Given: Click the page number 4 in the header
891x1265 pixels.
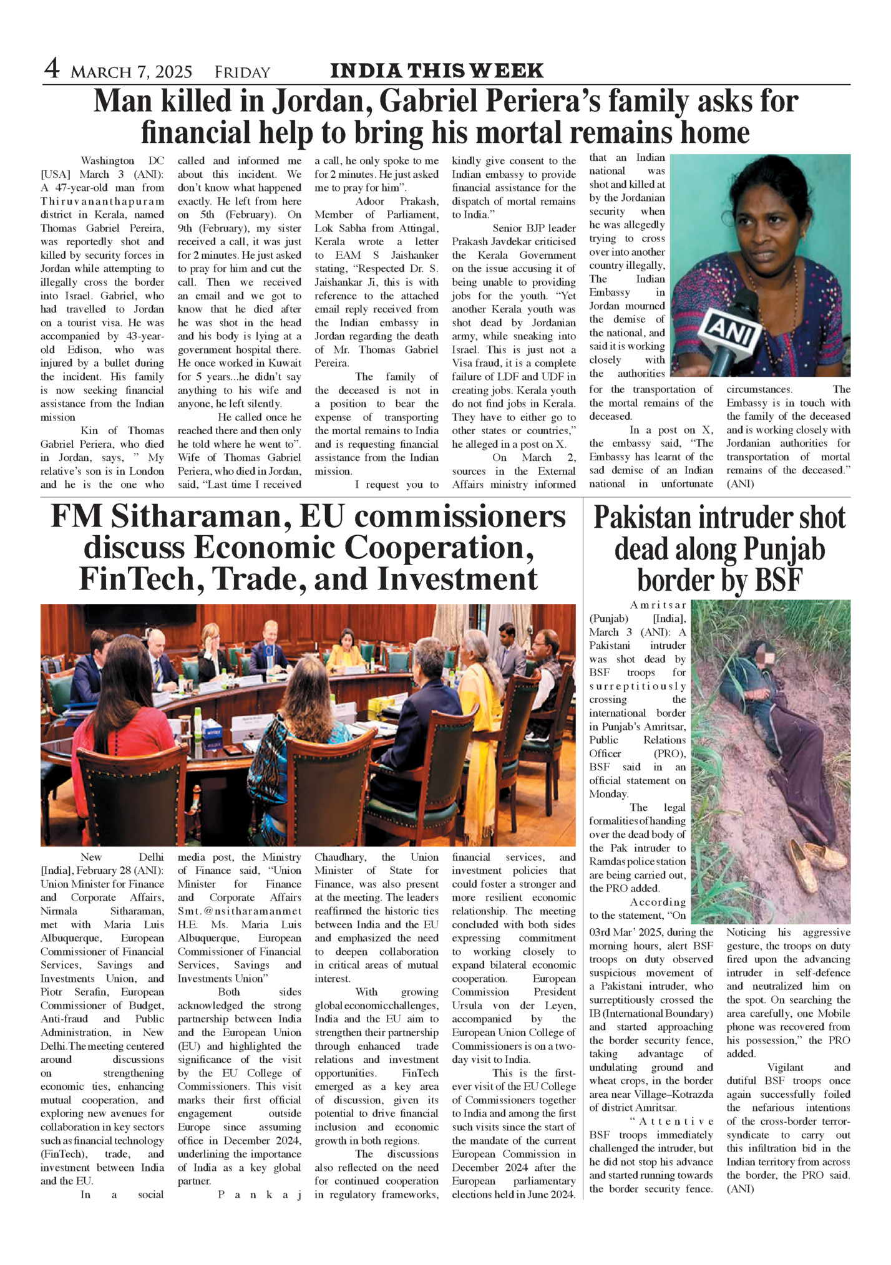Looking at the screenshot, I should [x=52, y=69].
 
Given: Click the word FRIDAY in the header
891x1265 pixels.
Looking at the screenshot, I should [x=242, y=73].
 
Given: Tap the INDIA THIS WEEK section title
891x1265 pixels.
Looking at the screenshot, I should [x=437, y=71].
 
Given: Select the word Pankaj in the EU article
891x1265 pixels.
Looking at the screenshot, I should [x=260, y=1195].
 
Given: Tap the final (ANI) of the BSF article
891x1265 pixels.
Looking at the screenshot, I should [x=740, y=1189].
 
